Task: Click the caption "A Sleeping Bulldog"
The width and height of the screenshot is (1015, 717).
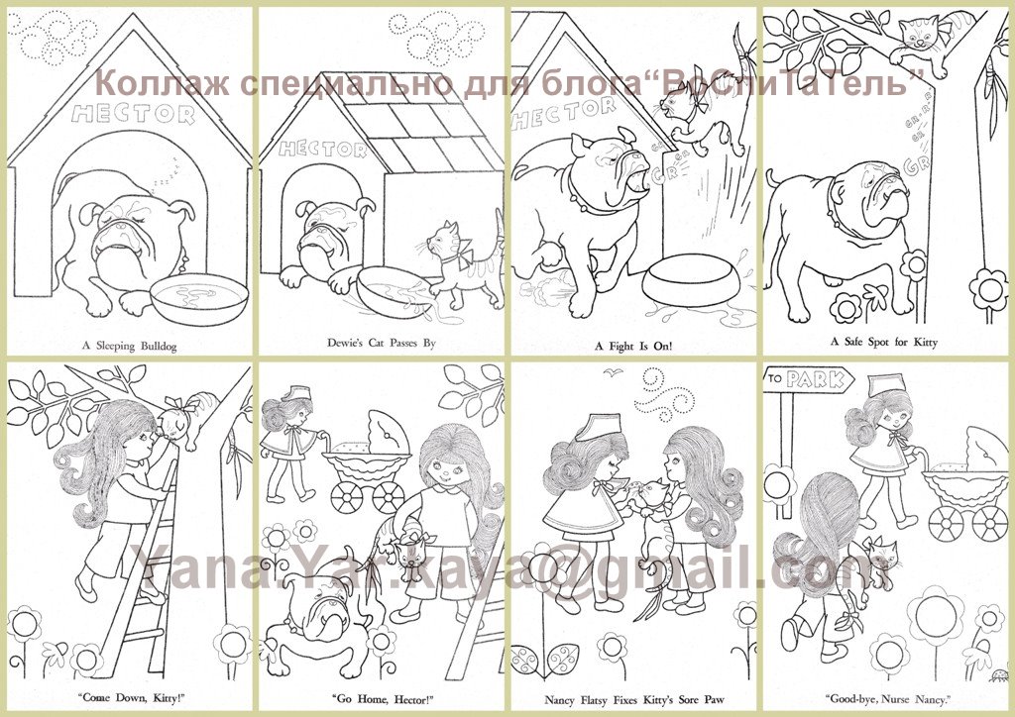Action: click(130, 346)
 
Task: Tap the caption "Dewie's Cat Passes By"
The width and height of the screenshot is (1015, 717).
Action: click(382, 344)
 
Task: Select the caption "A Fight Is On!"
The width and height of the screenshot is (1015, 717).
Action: click(633, 346)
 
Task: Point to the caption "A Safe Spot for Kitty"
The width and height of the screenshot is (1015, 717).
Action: click(884, 342)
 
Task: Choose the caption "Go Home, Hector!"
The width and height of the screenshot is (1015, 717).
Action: click(382, 699)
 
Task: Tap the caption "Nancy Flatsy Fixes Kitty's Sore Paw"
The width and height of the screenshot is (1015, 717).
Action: click(633, 699)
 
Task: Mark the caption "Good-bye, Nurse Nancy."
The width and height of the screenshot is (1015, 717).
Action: click(888, 699)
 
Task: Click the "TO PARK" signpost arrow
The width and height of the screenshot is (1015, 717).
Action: click(809, 379)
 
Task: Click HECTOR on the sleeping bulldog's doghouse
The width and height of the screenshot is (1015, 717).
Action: click(134, 114)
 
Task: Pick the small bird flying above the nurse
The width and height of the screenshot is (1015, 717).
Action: click(613, 371)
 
